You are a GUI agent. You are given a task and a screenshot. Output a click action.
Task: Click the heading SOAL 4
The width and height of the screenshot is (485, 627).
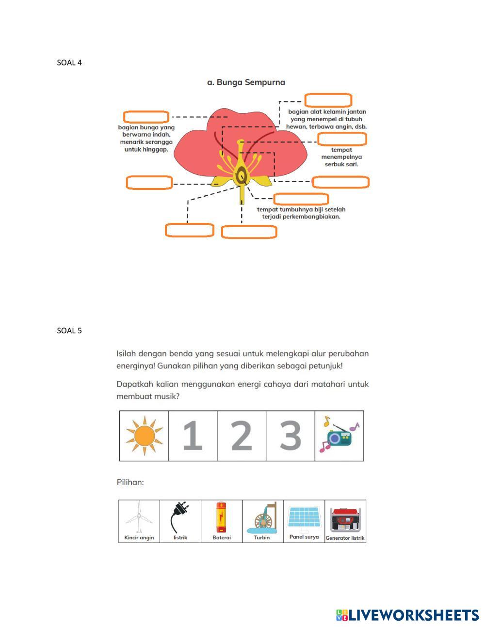tap(69, 63)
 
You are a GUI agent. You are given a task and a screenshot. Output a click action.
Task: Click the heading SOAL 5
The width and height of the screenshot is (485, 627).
tap(69, 331)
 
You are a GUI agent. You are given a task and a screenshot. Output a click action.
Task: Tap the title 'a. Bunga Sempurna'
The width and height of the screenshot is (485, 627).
tap(246, 82)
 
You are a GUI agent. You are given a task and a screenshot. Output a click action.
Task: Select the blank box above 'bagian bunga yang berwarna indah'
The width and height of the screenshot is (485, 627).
tap(146, 117)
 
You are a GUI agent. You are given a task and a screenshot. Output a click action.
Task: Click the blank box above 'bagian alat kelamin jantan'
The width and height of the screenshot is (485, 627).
tap(328, 100)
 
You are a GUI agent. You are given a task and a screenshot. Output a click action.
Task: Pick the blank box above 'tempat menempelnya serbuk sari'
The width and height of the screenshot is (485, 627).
tap(342, 139)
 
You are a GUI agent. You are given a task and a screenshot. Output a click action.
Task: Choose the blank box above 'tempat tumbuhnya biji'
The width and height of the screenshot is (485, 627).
tap(301, 199)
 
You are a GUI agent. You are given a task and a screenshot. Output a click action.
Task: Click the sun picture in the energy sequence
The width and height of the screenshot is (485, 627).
tap(144, 436)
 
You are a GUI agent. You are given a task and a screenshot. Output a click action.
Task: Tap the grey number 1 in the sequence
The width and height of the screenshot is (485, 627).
tap(193, 436)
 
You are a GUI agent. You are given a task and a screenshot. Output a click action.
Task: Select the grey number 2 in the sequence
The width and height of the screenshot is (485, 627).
tap(242, 436)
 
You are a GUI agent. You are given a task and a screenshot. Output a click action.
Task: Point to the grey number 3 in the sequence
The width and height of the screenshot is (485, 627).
tap(291, 436)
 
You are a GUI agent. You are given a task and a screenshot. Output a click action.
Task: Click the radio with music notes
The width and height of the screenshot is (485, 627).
tap(339, 436)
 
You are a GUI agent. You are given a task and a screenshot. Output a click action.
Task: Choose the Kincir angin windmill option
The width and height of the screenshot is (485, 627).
tap(139, 517)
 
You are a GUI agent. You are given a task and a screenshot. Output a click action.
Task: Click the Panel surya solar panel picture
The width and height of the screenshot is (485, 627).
tap(304, 517)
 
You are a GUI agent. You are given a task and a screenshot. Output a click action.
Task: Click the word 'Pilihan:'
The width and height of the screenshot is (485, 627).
tap(130, 483)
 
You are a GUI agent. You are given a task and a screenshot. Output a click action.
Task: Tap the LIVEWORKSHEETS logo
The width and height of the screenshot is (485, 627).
tap(407, 615)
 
